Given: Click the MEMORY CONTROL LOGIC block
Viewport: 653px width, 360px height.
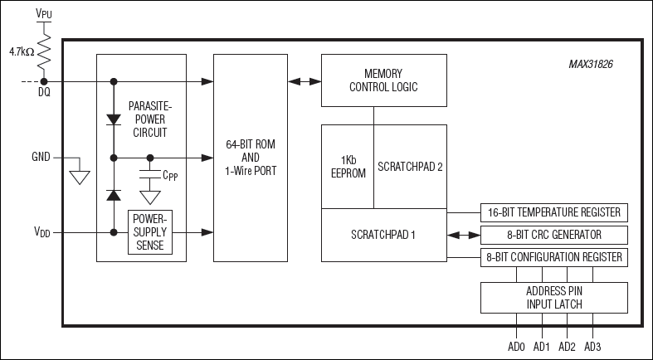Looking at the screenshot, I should (383, 80).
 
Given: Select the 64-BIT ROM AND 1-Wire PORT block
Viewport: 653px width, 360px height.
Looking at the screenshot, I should (250, 158).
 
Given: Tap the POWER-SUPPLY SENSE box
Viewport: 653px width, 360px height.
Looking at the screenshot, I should (150, 233).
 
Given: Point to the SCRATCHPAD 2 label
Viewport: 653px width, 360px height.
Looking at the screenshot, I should (410, 166).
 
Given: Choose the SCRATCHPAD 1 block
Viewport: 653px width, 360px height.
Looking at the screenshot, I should (383, 234).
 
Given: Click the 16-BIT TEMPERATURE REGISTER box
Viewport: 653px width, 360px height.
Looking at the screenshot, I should (553, 212).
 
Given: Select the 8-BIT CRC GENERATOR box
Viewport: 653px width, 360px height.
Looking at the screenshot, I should (553, 235).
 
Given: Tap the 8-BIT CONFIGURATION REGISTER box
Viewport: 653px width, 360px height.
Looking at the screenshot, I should (553, 257).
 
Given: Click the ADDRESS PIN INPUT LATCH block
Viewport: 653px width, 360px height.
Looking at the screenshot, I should (553, 297).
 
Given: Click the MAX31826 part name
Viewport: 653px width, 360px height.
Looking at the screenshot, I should (592, 64).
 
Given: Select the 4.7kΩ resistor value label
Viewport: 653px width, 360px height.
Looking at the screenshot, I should (22, 51).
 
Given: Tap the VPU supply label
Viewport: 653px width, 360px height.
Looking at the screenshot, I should (43, 13).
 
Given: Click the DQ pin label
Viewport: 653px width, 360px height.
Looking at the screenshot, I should (43, 93).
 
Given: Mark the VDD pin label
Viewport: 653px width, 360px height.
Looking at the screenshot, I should (41, 233).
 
